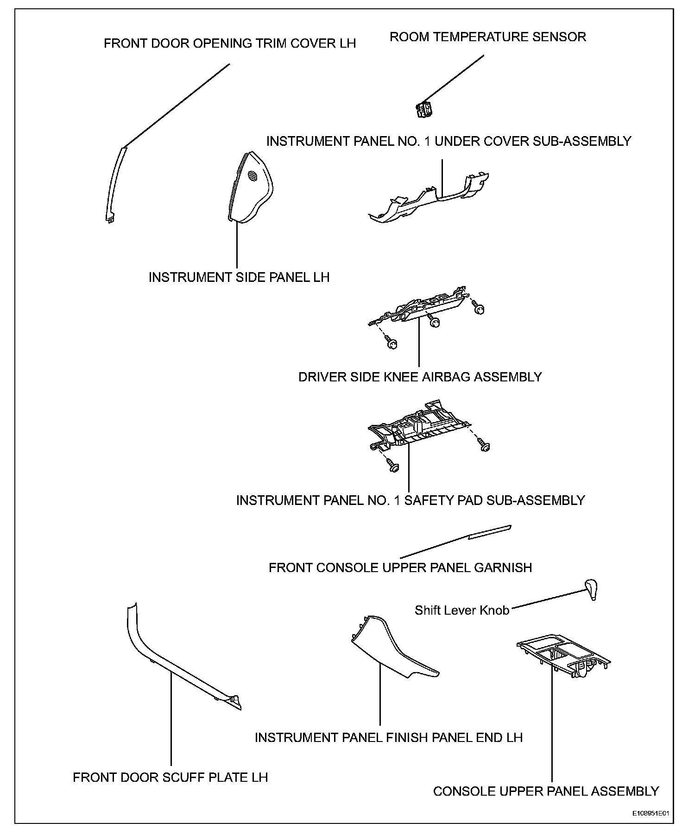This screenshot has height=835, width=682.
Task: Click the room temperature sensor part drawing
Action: (423, 110)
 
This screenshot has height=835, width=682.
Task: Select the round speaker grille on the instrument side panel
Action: (253, 176)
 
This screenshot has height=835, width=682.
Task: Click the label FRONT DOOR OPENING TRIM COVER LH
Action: (230, 44)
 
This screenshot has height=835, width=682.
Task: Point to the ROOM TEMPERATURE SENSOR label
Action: (488, 37)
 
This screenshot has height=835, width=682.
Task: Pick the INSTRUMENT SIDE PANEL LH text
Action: (239, 277)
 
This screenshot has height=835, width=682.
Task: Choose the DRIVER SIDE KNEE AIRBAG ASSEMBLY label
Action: (420, 377)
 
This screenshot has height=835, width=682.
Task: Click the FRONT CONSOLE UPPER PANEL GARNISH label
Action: (400, 567)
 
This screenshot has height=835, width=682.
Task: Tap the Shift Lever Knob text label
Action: (462, 610)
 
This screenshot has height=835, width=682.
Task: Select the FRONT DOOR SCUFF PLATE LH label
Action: (170, 777)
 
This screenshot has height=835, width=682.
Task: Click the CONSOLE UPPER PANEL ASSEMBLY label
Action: (546, 791)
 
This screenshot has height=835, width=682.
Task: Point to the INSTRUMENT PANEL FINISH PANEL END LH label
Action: (389, 737)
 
